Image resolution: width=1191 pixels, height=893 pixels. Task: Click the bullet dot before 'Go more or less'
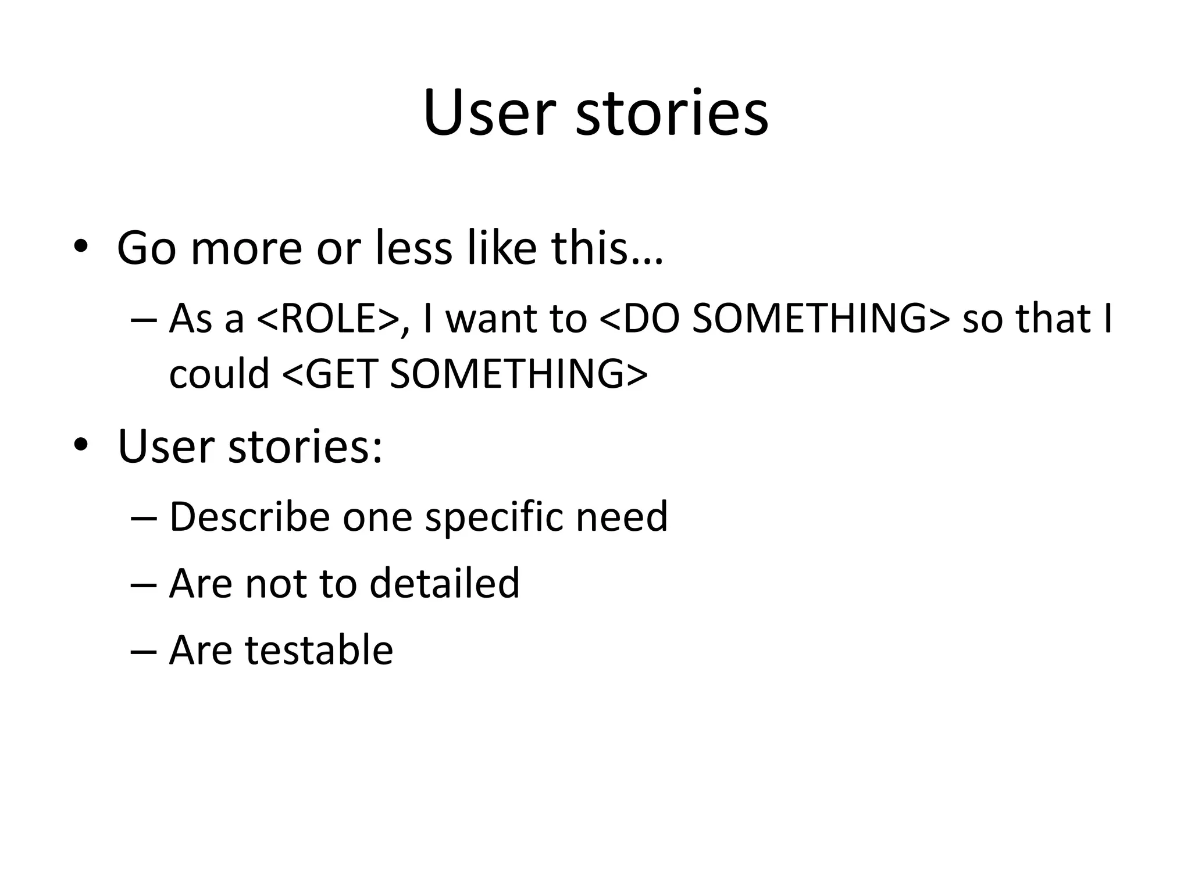pyautogui.click(x=81, y=247)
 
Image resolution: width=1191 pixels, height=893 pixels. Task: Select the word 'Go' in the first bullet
pyautogui.click(x=146, y=248)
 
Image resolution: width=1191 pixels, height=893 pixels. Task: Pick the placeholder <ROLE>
pyautogui.click(x=327, y=319)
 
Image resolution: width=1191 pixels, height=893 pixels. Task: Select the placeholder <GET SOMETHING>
pyautogui.click(x=465, y=374)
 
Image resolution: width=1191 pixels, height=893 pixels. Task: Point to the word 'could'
pyautogui.click(x=219, y=374)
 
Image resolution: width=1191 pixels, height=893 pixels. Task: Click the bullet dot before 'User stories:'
pyautogui.click(x=81, y=445)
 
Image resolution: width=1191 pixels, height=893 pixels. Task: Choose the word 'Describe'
pyautogui.click(x=249, y=516)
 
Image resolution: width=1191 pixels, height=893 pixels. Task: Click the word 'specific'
pyautogui.click(x=494, y=516)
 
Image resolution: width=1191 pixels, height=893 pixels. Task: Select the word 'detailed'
pyautogui.click(x=444, y=583)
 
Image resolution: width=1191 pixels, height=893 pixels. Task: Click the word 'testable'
pyautogui.click(x=319, y=650)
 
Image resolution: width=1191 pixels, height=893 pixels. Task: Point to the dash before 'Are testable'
pyautogui.click(x=144, y=652)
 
